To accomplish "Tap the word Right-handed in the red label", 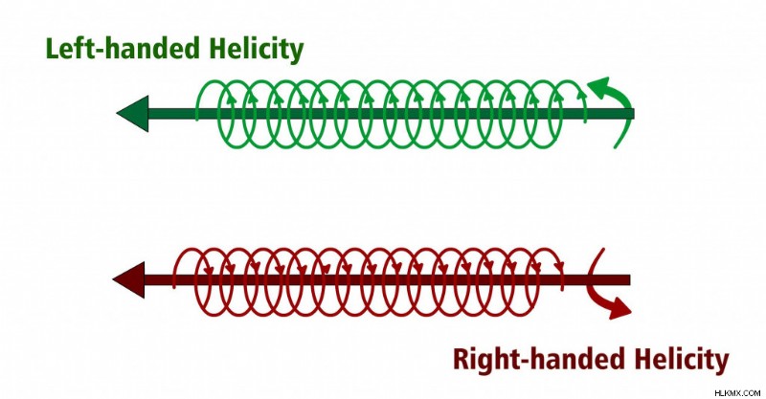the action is (539, 359).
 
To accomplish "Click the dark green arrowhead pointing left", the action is (134, 114).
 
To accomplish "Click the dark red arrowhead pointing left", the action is (130, 279).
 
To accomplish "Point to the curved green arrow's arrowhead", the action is (599, 87).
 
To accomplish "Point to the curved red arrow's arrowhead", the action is (620, 309).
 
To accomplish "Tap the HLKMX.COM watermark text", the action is (737, 392).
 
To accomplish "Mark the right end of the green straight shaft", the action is (634, 114).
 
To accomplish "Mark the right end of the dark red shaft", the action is (630, 279).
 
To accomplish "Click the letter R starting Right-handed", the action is (462, 360).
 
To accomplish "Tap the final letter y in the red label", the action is (721, 365).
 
